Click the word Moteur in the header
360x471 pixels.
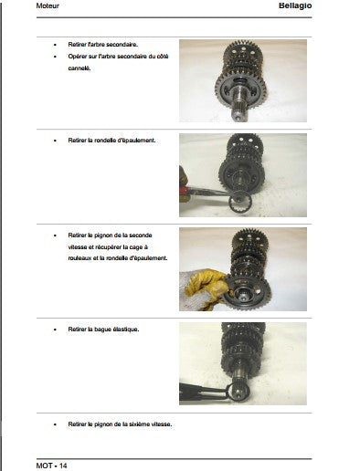48,5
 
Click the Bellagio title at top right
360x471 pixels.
295,5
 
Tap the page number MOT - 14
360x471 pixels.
51,466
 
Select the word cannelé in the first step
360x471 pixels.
79,68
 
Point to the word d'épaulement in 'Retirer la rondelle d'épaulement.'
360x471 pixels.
138,141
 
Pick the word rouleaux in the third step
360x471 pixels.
79,258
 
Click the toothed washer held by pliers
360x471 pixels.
240,202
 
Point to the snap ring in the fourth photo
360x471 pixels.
238,392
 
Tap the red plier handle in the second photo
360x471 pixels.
184,191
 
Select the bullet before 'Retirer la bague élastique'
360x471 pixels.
55,330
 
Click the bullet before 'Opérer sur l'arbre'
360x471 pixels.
55,57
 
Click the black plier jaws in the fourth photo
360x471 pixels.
203,392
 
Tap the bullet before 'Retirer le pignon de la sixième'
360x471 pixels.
55,424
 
